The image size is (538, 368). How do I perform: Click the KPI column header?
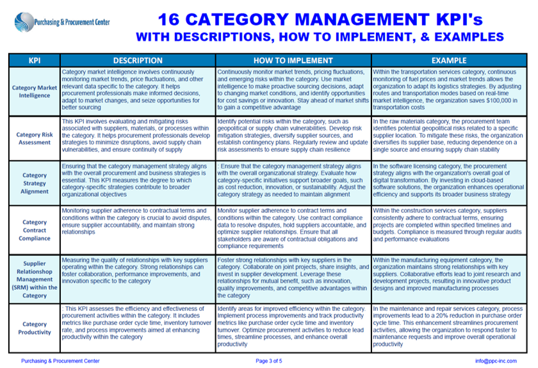point(35,60)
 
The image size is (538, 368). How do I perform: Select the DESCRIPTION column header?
point(138,60)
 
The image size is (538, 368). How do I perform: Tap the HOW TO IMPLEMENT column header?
point(293,60)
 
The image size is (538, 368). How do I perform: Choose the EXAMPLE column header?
point(448,60)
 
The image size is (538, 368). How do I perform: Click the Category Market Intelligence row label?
point(35,91)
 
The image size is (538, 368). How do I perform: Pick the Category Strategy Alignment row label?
point(35,182)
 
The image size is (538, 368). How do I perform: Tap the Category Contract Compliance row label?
point(35,230)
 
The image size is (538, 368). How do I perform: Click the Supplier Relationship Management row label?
point(35,279)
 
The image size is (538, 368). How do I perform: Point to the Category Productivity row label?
point(35,328)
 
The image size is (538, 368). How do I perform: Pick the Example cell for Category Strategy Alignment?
point(448,180)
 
